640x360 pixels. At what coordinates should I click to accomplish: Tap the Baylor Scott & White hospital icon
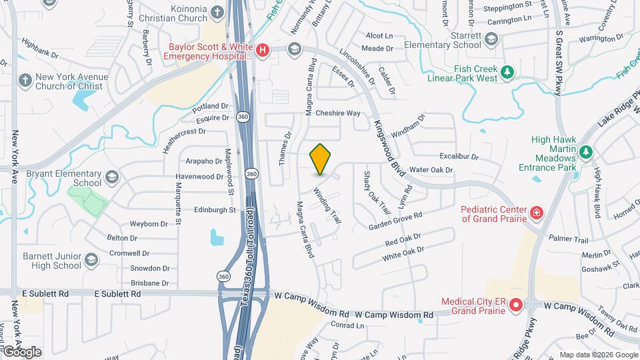[263, 49]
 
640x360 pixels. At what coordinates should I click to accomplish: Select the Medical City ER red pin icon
[516, 306]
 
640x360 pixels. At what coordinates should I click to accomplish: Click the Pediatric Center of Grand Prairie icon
[536, 213]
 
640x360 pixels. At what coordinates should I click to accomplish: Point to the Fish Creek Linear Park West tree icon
[507, 72]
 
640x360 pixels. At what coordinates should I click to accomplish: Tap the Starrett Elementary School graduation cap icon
[491, 40]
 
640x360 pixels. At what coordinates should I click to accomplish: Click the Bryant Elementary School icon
[111, 177]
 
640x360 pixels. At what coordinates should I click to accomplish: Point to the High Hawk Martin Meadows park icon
[585, 153]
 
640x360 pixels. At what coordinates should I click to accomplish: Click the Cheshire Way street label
[337, 113]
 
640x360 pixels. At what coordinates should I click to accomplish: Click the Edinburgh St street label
[215, 210]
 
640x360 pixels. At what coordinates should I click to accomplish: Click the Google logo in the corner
[22, 352]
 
